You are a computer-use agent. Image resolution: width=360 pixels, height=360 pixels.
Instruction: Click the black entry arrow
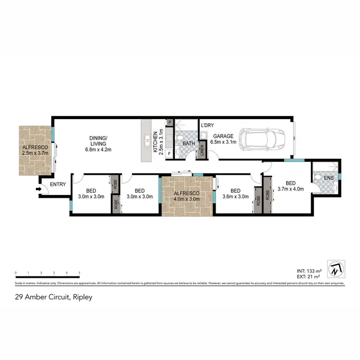[38, 190]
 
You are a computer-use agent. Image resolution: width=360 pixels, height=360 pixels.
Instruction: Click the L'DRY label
[207, 126]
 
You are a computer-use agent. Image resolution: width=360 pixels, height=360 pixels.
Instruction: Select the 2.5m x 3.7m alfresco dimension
[36, 152]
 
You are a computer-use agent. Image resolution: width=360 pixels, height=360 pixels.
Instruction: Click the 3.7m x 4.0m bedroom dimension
[291, 190]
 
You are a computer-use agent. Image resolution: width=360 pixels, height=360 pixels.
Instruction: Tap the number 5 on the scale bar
[79, 272]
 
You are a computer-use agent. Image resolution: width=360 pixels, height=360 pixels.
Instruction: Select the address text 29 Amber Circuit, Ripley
[53, 297]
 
